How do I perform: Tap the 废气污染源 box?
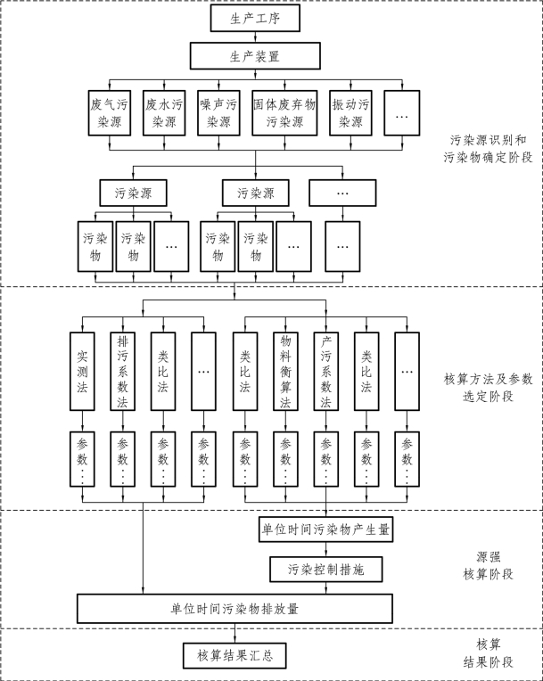point(110,112)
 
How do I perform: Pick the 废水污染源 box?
point(165,112)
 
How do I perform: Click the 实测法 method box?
point(82,372)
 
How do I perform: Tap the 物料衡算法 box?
point(285,372)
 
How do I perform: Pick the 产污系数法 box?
point(326,372)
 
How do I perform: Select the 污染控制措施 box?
point(325,569)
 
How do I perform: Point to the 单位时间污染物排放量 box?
point(235,609)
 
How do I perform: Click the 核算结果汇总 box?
point(235,656)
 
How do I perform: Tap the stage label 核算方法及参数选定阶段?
point(488,387)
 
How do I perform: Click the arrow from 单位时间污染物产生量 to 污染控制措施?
point(325,549)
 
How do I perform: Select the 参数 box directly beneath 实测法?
point(82,460)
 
